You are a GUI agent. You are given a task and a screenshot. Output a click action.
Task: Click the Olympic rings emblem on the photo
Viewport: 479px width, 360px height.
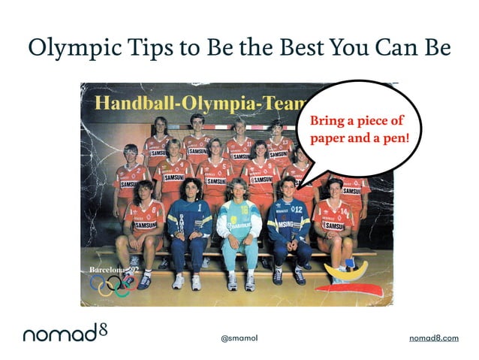(110, 284)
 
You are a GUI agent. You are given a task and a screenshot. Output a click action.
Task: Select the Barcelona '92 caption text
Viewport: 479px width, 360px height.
(113, 268)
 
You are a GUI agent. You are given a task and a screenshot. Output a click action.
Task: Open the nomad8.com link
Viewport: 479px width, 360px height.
(433, 339)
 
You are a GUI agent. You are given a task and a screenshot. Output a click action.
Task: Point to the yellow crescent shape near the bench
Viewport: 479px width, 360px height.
(345, 269)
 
